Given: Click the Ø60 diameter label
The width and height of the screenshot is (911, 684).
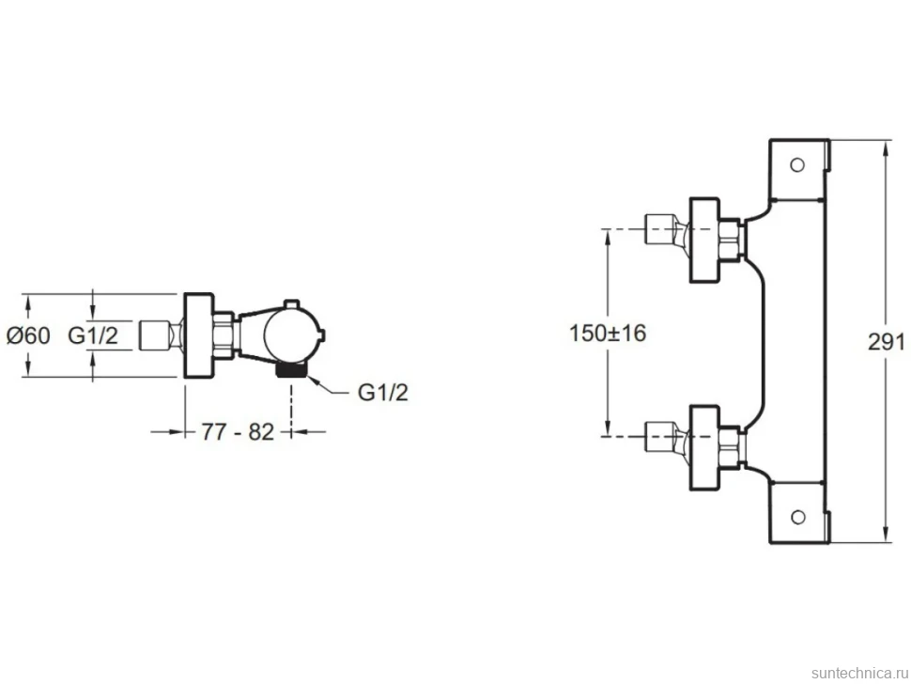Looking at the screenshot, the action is [x=28, y=335].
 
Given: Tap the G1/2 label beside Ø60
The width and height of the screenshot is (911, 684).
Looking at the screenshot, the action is [x=93, y=335].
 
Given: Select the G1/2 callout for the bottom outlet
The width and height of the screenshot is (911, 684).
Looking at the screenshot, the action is [x=383, y=393].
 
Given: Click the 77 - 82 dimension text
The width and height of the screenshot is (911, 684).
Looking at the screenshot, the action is [x=237, y=432].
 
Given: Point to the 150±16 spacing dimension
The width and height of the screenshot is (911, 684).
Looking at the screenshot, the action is [x=607, y=333].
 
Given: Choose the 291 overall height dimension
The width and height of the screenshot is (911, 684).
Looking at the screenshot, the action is [x=886, y=342].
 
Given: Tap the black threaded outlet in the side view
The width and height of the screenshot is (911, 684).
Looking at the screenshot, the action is [x=290, y=370].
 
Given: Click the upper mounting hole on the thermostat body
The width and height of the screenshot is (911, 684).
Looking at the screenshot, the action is [x=797, y=165].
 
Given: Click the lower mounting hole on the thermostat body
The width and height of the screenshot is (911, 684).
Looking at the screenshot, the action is [x=797, y=517].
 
